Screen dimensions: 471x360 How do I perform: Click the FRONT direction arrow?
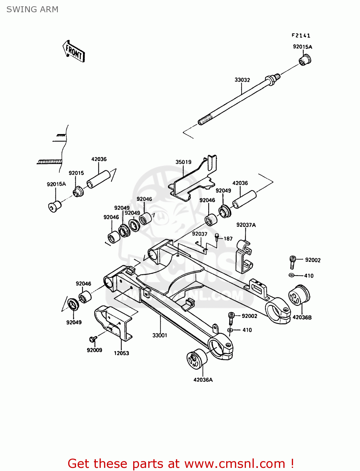74,51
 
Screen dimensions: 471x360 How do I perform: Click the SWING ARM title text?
32,9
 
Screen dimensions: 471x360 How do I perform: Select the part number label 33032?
242,80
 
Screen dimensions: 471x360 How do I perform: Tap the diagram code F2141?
301,35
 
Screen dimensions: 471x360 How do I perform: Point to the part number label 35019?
183,162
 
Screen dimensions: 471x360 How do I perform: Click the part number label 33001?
160,335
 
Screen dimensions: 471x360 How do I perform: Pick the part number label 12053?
121,353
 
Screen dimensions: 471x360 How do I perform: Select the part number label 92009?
94,350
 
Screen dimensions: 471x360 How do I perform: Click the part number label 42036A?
203,380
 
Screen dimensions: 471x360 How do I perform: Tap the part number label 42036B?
302,317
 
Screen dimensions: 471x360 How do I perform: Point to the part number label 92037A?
246,225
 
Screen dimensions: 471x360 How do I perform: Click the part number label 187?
228,239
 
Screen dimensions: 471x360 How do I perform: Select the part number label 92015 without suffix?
76,173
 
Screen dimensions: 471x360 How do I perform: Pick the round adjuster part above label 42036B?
299,295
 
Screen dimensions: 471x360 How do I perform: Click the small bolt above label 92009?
93,339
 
